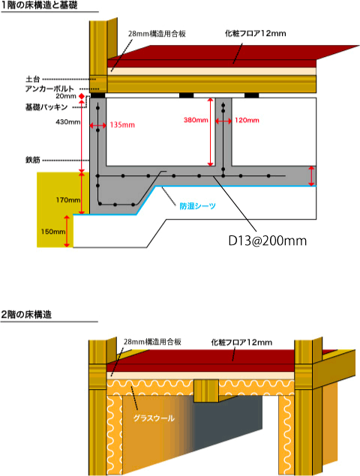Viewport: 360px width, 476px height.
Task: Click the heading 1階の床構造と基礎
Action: point(40,5)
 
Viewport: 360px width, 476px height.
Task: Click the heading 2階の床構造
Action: point(26,315)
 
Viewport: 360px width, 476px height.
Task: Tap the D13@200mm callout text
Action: point(267,241)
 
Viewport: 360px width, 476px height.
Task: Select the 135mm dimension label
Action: point(122,124)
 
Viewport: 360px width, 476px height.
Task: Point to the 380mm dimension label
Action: point(196,120)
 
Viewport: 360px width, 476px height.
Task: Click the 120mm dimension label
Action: point(247,121)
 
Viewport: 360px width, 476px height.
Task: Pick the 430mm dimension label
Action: point(68,122)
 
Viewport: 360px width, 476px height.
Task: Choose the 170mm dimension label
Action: point(68,200)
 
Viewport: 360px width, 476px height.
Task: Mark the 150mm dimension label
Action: point(53,232)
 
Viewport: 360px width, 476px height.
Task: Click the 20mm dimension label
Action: point(66,96)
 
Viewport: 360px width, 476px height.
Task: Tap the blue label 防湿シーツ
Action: point(198,206)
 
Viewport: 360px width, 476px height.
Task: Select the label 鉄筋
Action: point(33,160)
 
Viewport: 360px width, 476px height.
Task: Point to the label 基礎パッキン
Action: point(46,107)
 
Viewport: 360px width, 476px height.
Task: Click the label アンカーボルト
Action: point(49,88)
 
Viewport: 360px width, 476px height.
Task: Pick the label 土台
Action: point(33,79)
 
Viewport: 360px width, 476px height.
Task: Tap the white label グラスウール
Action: point(154,418)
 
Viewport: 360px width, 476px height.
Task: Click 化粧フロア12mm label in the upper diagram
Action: point(256,34)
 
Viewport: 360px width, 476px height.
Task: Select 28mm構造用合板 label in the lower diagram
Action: point(152,342)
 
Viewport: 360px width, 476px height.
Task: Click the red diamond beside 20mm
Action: point(82,96)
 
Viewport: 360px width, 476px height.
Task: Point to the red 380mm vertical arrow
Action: point(210,132)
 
